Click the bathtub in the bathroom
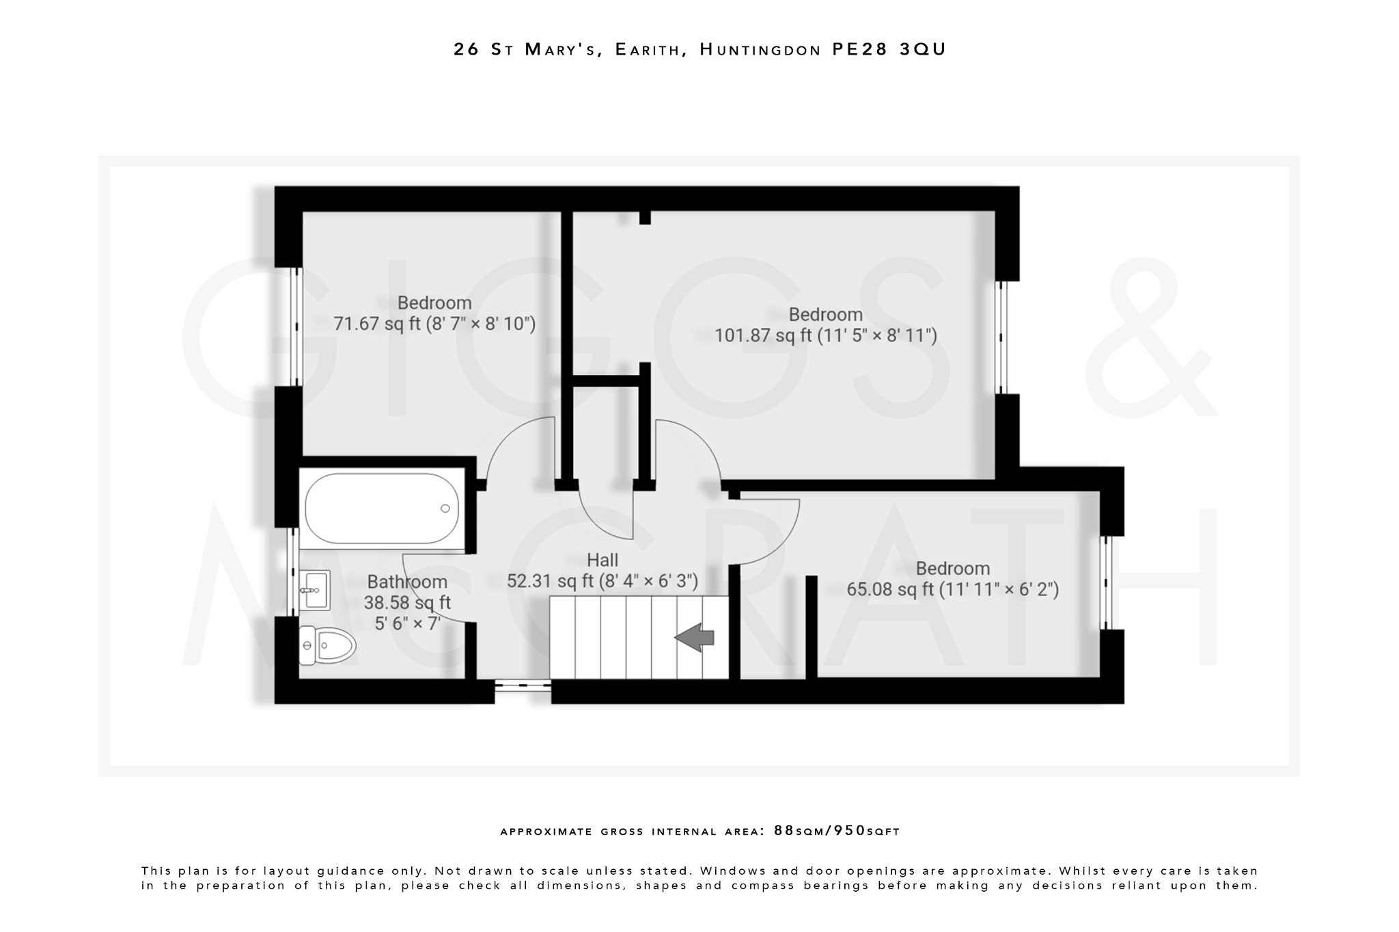[x=381, y=509]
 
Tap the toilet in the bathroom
[x=328, y=645]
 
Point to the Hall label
[x=602, y=561]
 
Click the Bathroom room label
[x=407, y=582]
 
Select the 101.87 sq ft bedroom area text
[x=825, y=336]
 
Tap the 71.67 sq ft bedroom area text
[x=434, y=324]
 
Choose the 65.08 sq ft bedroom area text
[x=952, y=589]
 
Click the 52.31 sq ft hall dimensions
[x=602, y=582]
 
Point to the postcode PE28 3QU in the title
[x=889, y=49]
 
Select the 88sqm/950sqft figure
[x=837, y=831]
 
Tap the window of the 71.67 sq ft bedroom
[x=296, y=326]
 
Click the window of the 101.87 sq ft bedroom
[x=1001, y=337]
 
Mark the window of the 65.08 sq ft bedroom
[x=1106, y=582]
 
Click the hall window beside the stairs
[x=523, y=684]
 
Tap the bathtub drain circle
[x=445, y=508]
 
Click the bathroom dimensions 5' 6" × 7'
[x=407, y=623]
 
